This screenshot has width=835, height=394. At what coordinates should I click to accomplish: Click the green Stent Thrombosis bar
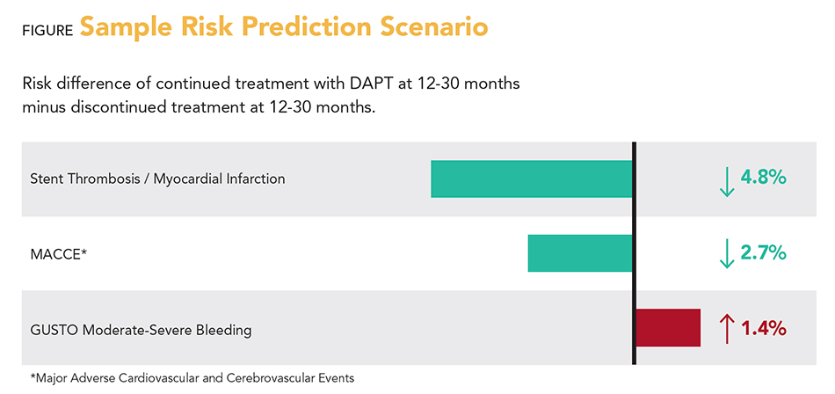pyautogui.click(x=531, y=179)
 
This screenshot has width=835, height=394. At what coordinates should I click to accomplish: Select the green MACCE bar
pyautogui.click(x=580, y=253)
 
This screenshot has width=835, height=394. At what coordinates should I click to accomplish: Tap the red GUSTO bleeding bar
pyautogui.click(x=667, y=328)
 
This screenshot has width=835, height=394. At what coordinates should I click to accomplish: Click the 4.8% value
pyautogui.click(x=763, y=178)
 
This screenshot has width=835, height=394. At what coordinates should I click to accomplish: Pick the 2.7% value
pyautogui.click(x=763, y=253)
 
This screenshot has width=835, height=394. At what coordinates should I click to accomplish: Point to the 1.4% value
pyautogui.click(x=763, y=329)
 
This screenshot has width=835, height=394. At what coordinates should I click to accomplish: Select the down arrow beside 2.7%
pyautogui.click(x=726, y=254)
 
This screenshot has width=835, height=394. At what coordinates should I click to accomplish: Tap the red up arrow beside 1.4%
pyautogui.click(x=726, y=329)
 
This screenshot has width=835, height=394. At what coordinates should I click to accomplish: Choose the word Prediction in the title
pyautogui.click(x=287, y=26)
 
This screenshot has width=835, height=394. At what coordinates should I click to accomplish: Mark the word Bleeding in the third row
pyautogui.click(x=223, y=331)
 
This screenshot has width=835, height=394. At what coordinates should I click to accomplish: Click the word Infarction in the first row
pyautogui.click(x=254, y=179)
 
